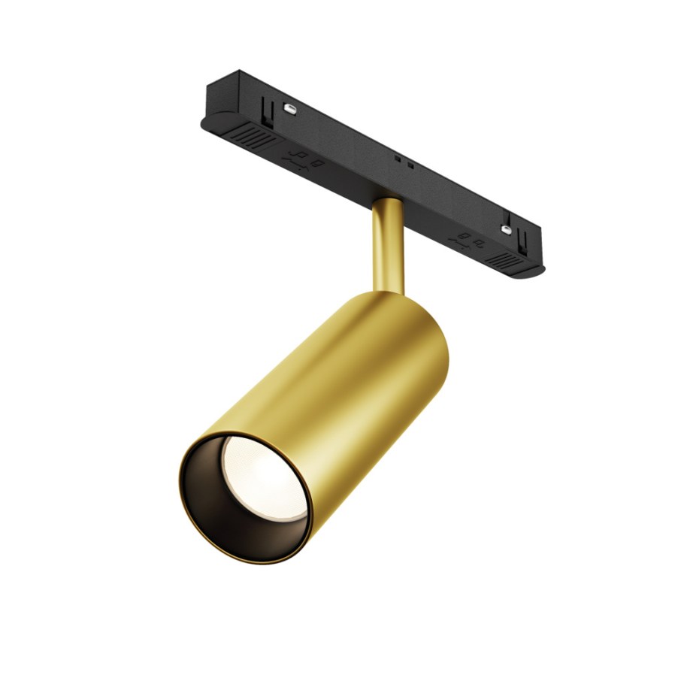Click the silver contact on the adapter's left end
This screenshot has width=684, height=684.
(288, 110)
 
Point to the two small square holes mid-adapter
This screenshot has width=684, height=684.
(402, 160)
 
